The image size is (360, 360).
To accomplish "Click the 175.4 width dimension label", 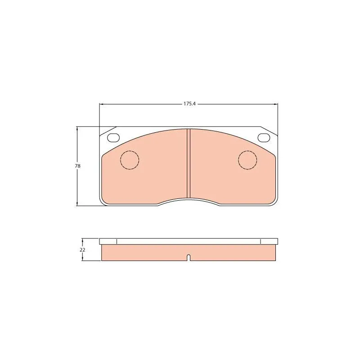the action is [189, 104].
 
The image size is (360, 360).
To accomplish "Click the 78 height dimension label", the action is [77, 166].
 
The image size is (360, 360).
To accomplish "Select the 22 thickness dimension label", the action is [82, 250].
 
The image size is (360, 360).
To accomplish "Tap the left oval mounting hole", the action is [113, 138].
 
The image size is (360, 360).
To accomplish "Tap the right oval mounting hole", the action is [264, 138].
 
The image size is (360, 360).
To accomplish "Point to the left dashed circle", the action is [130, 151].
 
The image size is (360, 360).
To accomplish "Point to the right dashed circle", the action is [247, 151].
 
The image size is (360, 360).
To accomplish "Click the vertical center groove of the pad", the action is [189, 163].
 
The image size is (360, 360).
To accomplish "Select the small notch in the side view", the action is [189, 258].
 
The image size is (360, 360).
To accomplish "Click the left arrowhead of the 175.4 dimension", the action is [101, 104].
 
